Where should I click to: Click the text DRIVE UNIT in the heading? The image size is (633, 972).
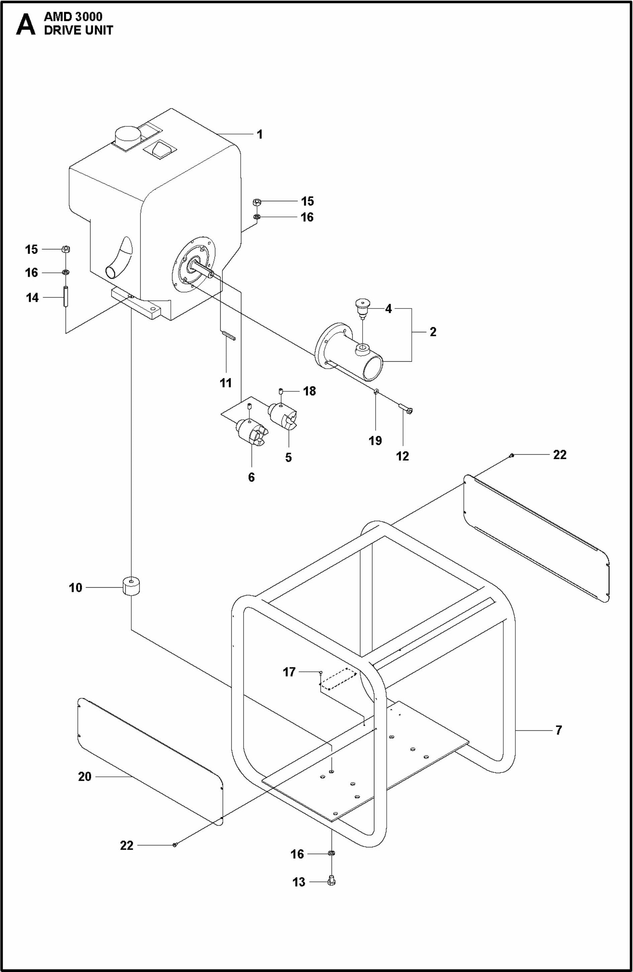tap(79, 30)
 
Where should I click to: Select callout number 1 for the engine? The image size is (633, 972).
tap(260, 134)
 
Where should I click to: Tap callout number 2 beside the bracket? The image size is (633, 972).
tap(433, 332)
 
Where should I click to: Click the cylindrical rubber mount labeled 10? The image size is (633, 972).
tap(131, 587)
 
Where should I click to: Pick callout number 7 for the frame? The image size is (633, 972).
tap(559, 729)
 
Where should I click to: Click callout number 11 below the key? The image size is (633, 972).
tap(226, 383)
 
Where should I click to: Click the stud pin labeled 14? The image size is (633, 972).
tap(66, 297)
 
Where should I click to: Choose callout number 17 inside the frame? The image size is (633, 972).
tap(289, 672)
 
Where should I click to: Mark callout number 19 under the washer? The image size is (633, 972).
tap(375, 440)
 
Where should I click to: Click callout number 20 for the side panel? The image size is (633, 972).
tap(85, 776)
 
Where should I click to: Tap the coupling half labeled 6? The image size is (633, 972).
tap(252, 433)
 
